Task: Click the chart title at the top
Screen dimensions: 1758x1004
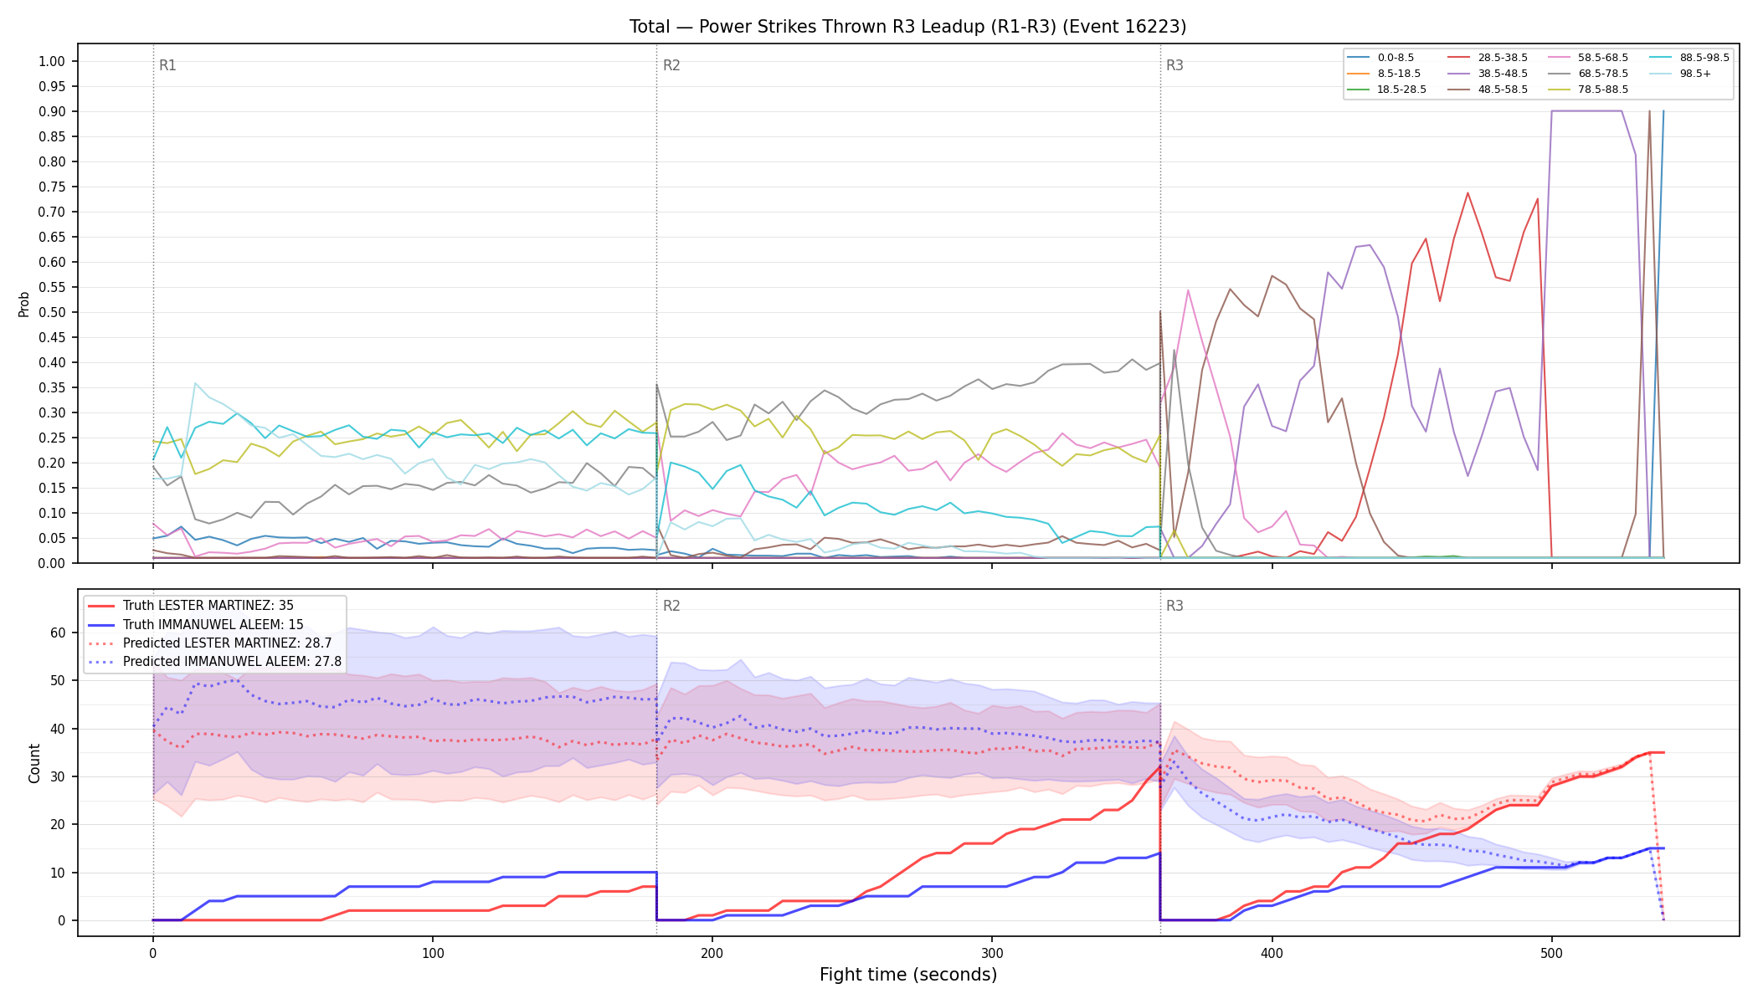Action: tap(907, 27)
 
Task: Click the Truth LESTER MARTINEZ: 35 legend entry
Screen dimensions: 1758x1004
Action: tap(208, 606)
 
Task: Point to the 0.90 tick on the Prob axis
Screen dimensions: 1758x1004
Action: tap(52, 111)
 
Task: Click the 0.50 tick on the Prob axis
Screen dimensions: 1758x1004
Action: tap(52, 312)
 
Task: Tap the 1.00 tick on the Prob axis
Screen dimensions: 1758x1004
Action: tap(52, 61)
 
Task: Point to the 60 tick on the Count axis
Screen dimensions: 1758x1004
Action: tap(58, 633)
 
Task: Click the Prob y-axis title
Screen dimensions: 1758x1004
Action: tap(24, 304)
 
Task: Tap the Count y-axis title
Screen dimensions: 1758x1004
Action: tap(34, 763)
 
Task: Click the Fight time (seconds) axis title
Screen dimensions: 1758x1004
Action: tap(908, 975)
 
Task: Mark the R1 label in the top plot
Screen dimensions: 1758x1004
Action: tap(167, 65)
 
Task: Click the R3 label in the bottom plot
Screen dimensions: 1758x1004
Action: tap(1175, 606)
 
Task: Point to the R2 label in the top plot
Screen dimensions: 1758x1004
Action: tap(671, 65)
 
